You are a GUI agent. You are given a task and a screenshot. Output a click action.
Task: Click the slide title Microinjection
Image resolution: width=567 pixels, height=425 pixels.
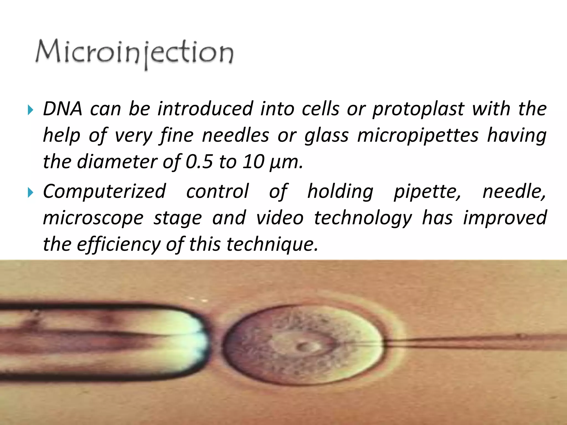pyautogui.click(x=135, y=53)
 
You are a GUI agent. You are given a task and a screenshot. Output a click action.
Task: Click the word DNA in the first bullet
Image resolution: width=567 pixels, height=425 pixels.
pyautogui.click(x=63, y=108)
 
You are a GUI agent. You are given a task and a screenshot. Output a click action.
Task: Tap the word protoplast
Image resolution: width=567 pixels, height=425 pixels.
pyautogui.click(x=418, y=109)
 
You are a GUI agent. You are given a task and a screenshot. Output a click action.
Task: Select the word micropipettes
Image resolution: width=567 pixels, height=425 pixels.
pyautogui.click(x=418, y=136)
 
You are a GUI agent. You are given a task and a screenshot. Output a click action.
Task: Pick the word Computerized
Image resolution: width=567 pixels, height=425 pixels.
pyautogui.click(x=104, y=191)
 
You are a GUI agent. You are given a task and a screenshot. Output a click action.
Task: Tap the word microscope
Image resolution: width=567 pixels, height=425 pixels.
pyautogui.click(x=93, y=218)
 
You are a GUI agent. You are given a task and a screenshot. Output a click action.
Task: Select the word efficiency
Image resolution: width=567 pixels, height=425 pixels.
pyautogui.click(x=118, y=244)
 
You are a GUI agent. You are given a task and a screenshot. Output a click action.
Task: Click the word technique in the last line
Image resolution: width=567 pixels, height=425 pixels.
pyautogui.click(x=271, y=244)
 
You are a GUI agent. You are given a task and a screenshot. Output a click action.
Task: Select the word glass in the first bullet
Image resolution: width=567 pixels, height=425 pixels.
pyautogui.click(x=326, y=136)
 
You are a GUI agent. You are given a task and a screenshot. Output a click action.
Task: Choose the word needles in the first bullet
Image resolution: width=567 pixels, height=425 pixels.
pyautogui.click(x=235, y=136)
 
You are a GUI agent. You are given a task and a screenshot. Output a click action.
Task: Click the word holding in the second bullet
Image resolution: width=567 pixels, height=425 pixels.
pyautogui.click(x=340, y=191)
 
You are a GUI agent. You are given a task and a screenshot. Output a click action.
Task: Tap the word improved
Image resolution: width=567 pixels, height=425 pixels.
pyautogui.click(x=505, y=218)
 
